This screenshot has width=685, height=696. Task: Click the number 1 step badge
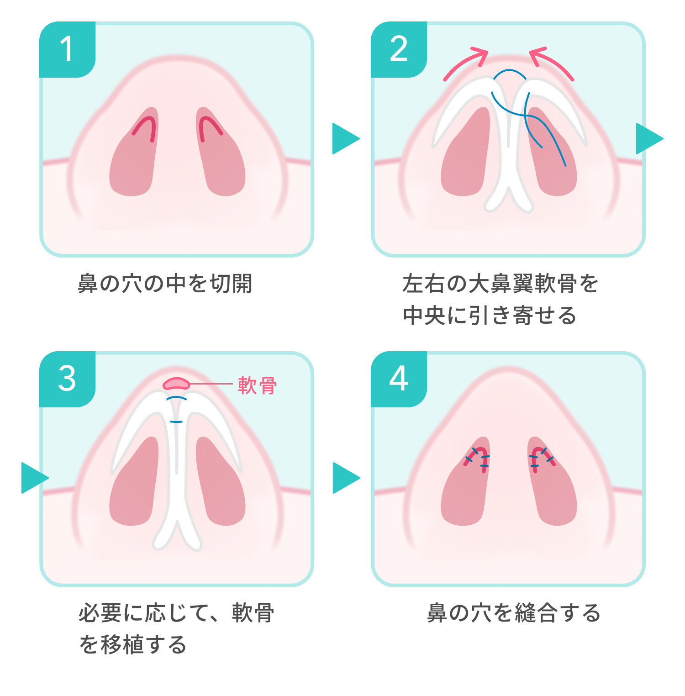coord(67,49)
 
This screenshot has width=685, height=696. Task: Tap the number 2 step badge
coord(399,49)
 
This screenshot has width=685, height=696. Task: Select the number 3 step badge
coord(67,379)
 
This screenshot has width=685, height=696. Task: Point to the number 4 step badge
coord(399,379)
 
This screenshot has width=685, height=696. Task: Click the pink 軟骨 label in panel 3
coord(257,385)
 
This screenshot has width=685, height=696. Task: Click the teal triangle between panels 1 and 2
coord(344,138)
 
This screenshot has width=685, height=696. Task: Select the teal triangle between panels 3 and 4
coord(344,478)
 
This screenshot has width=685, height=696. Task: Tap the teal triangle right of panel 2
coord(648,138)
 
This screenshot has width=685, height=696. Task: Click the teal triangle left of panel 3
coord(33,478)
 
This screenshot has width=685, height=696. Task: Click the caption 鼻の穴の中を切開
coord(165,284)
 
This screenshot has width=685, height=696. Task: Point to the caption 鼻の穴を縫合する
coord(513,613)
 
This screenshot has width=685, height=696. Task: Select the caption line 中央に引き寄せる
coord(490,316)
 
